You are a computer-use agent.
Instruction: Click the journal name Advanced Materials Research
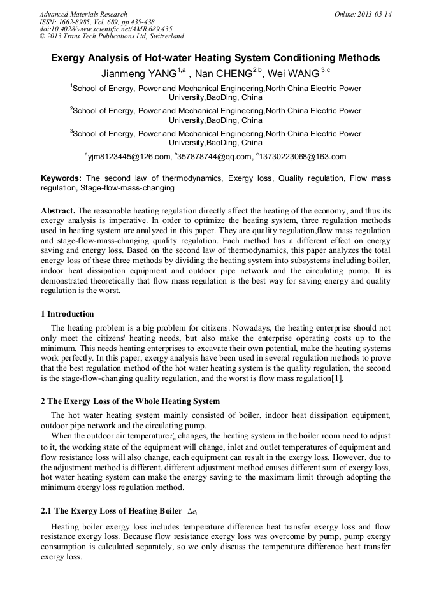[83, 14]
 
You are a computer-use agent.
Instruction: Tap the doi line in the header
[106, 29]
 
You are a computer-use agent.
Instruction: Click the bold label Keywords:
[61, 178]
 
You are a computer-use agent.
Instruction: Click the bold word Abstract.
[59, 210]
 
